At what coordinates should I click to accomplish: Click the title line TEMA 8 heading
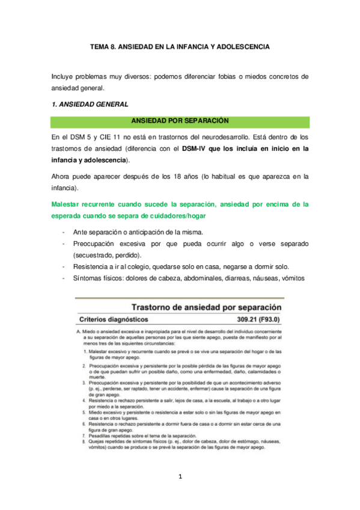[180, 46]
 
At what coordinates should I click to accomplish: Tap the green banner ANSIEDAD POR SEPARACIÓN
[180, 122]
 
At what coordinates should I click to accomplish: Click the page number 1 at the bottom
[180, 478]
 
